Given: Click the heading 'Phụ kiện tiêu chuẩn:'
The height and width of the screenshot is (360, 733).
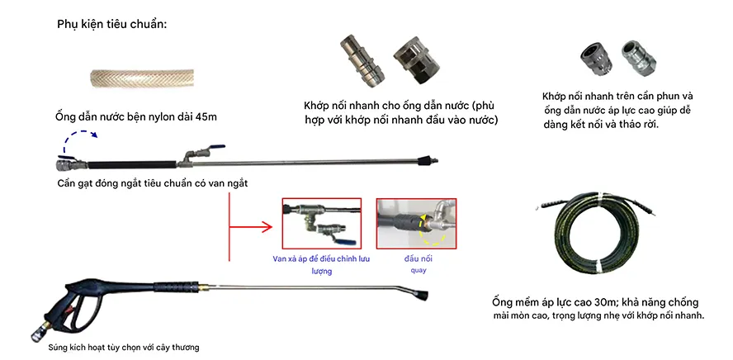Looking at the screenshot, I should [112, 24].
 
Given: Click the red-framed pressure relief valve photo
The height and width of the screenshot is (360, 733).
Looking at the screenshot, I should [321, 223].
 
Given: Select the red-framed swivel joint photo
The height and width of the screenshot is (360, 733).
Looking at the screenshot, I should [416, 223].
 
